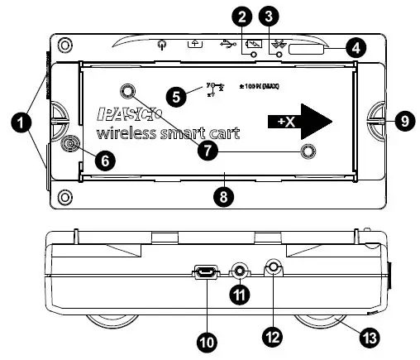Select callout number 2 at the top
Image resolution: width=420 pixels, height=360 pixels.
tap(241, 16)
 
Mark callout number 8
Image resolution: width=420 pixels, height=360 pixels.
tap(220, 196)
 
